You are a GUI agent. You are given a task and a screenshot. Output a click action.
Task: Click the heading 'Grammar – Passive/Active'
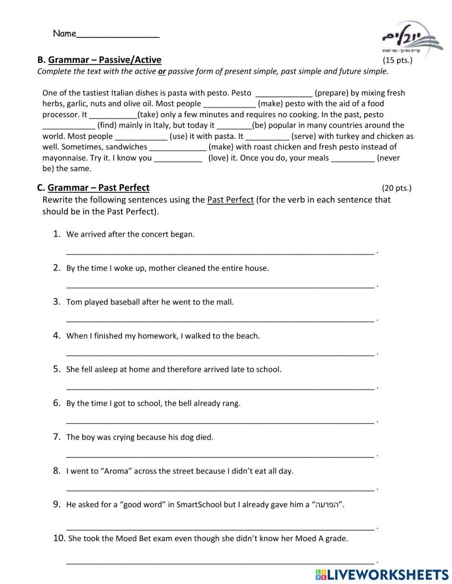[x=104, y=60]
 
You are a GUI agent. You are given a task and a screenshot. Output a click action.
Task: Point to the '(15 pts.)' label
[x=397, y=60]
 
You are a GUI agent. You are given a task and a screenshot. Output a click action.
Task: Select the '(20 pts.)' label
[x=396, y=188]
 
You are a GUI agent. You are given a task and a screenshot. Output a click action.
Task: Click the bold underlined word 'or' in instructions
[x=162, y=71]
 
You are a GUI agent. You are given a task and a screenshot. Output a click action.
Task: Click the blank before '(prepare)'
[x=284, y=94]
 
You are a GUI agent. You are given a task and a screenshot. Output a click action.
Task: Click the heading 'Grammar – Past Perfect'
[x=99, y=188]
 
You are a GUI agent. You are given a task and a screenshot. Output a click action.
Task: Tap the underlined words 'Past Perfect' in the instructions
[x=231, y=200]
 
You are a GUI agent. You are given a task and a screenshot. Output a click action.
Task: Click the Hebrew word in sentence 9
[x=326, y=505]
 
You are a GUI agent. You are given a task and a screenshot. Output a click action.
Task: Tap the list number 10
[x=59, y=538]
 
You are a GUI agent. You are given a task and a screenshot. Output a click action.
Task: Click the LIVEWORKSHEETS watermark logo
[x=382, y=575]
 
